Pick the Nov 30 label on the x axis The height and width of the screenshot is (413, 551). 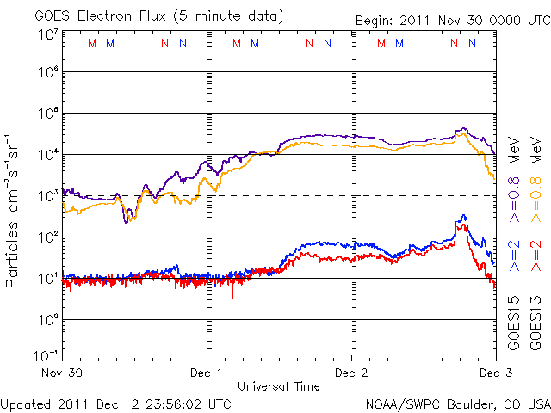[x=64, y=373]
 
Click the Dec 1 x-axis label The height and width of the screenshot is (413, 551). [x=207, y=373]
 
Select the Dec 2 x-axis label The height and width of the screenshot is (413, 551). [x=351, y=373]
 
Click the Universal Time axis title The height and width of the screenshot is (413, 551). [x=279, y=386]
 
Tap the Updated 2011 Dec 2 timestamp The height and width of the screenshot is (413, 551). [x=115, y=403]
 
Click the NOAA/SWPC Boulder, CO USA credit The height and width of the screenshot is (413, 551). [x=457, y=403]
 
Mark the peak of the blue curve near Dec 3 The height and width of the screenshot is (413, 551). [x=464, y=216]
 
